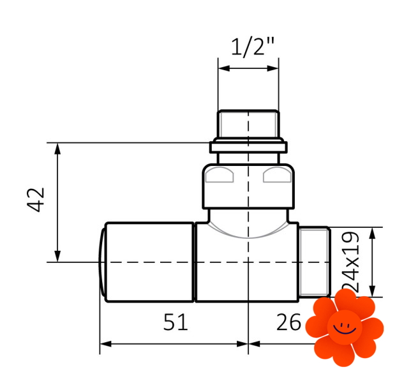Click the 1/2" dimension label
point(253,47)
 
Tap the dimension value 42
point(36,200)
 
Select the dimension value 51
point(176,322)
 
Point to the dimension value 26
point(288,322)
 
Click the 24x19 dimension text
point(350,262)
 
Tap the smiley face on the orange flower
point(345,327)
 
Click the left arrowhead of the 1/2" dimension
point(223,68)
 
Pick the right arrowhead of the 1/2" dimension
point(273,68)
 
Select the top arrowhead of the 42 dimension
point(57,149)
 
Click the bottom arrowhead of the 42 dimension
point(57,256)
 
